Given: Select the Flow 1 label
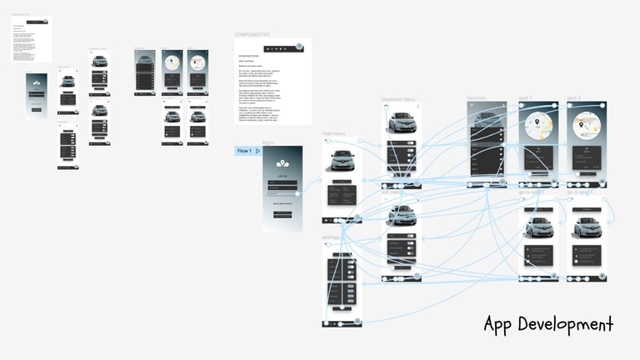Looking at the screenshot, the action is (x=244, y=151).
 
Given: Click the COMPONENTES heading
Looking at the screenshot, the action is (x=252, y=34).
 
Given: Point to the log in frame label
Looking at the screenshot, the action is (x=268, y=143).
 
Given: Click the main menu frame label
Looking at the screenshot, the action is (x=333, y=133).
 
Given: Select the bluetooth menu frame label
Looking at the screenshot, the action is (x=397, y=99).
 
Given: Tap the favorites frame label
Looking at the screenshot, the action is (x=476, y=99).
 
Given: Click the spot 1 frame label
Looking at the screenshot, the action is (x=524, y=99).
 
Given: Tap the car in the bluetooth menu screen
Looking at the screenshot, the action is (x=400, y=123).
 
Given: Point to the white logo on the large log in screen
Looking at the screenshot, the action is (x=282, y=164).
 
